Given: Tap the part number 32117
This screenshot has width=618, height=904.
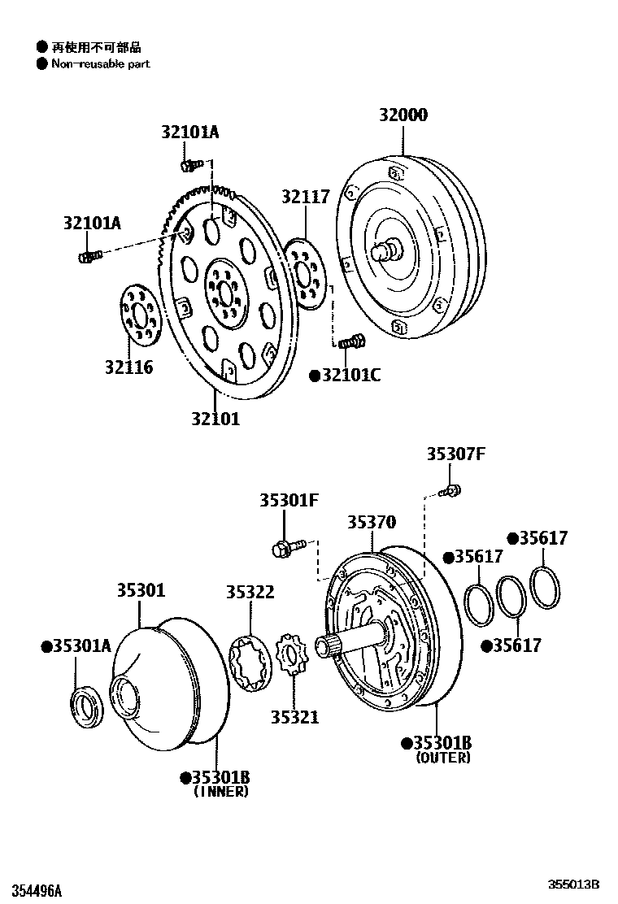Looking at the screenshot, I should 306,198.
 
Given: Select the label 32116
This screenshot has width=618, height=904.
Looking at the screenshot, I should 128,367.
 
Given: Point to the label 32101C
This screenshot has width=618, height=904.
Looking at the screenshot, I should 350,375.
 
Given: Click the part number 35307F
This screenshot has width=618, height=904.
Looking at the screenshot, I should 455,454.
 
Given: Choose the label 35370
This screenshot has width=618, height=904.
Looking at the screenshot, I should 372,523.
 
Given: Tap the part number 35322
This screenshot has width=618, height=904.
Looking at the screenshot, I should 250,593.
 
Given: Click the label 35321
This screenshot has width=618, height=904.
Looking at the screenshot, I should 294,717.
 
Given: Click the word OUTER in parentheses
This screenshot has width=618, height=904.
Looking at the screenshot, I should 442,758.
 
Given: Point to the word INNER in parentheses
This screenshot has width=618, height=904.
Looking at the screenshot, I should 220,791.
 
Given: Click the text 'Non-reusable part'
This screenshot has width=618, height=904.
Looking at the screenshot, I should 101,63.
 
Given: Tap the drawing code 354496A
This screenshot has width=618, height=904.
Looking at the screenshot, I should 32,890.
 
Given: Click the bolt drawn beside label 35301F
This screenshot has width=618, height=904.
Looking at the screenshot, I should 287,547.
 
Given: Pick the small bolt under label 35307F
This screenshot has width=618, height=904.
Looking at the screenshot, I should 450,489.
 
